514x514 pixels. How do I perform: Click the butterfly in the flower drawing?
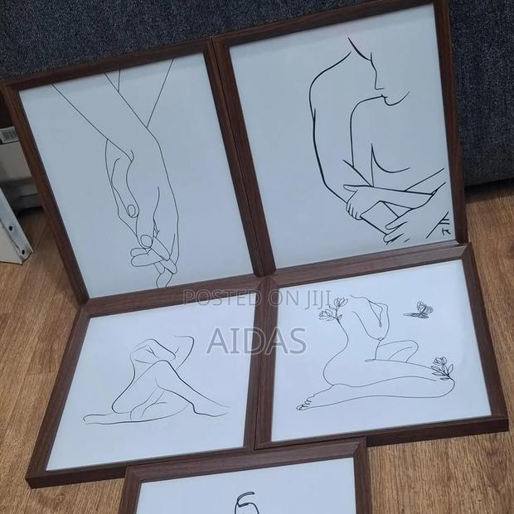click(419, 311)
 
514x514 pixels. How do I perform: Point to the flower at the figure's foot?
click(441, 367)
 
